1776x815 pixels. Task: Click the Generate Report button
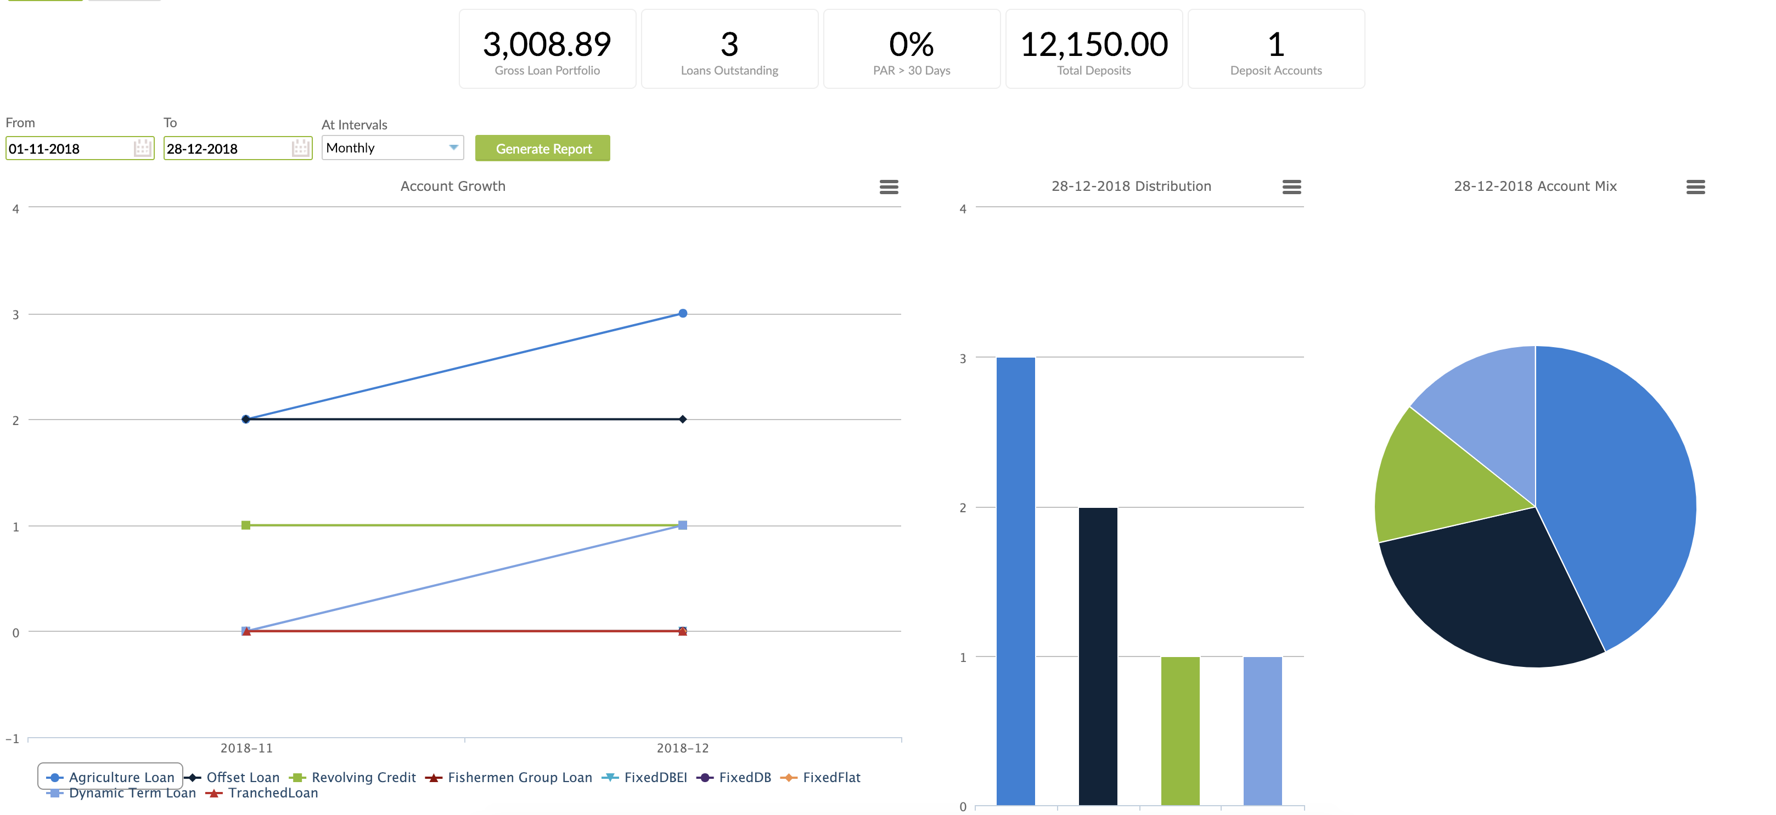(x=543, y=148)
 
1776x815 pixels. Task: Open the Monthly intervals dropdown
(x=392, y=148)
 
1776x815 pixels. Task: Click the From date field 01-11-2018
(x=69, y=149)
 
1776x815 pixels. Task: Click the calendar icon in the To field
(x=300, y=148)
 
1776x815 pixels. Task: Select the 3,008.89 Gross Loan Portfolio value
(x=547, y=45)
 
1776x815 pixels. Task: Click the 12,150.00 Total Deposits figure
(x=1093, y=45)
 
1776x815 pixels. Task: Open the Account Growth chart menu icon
(x=889, y=186)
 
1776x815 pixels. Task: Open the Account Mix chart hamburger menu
(x=1695, y=186)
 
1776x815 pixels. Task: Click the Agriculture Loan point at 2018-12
(x=683, y=314)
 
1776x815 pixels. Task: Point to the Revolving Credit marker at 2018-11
(x=246, y=525)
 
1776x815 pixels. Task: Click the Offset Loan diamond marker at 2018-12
(x=683, y=419)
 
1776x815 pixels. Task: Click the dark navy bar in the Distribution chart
(x=1098, y=654)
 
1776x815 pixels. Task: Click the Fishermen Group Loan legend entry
(x=519, y=777)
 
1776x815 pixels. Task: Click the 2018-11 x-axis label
(x=246, y=748)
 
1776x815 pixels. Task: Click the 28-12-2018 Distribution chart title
(x=1131, y=186)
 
